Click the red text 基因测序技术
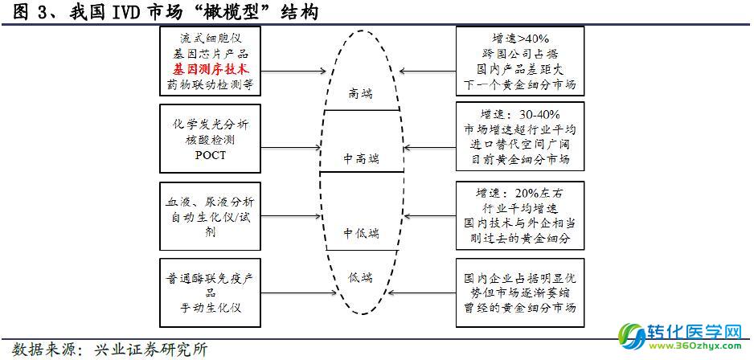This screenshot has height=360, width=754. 210,67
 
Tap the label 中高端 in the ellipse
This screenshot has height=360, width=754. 361,157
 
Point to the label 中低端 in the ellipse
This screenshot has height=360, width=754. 361,233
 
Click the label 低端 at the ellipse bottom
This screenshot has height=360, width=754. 360,277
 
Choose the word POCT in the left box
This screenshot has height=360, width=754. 210,156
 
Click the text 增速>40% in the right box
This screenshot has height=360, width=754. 520,39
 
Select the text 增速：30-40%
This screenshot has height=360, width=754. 520,116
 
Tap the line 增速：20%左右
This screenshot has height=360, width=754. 520,194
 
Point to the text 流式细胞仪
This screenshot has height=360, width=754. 210,38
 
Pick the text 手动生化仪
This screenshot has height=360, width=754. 210,307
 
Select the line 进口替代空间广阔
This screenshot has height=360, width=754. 520,145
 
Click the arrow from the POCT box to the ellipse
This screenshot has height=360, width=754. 291,147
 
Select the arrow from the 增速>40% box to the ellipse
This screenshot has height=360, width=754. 428,72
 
